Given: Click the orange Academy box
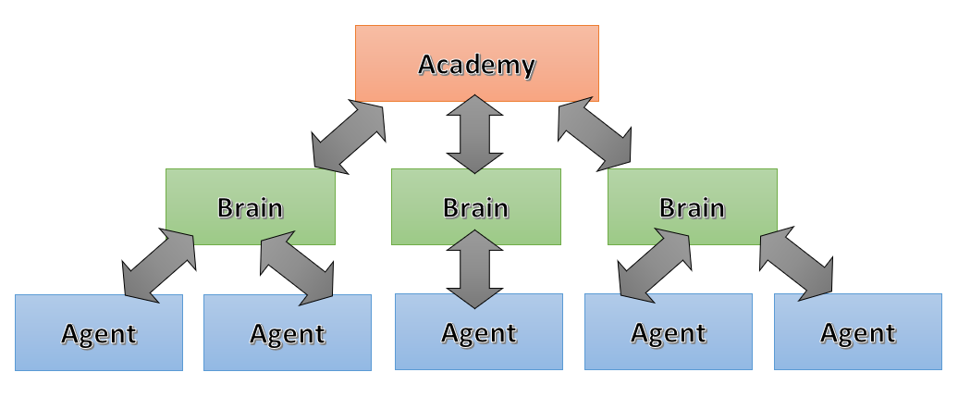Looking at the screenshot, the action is point(476,64).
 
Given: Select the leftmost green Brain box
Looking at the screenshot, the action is point(251,206).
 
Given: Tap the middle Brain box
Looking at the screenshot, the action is point(476,206).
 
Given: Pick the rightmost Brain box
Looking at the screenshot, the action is point(693,206).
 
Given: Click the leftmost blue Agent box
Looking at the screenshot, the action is point(99,332).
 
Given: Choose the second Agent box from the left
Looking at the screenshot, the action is point(288,332).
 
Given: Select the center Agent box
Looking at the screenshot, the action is point(479,331).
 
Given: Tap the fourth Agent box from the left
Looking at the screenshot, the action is point(669,331).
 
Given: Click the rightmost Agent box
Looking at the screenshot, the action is point(858,331).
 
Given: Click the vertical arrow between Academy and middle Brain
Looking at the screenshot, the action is point(474,134).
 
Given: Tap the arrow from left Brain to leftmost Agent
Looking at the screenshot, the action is point(159,266).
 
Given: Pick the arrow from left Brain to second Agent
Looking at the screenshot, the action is point(297,267).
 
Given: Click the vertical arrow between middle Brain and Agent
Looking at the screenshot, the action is point(474,269).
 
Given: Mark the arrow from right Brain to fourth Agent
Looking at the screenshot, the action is point(655,265).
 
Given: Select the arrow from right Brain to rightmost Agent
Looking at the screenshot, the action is point(797,264).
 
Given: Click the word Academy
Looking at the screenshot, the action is point(476,65).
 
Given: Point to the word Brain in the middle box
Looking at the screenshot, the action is point(476,208).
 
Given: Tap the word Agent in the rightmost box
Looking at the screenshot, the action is point(858,334).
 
